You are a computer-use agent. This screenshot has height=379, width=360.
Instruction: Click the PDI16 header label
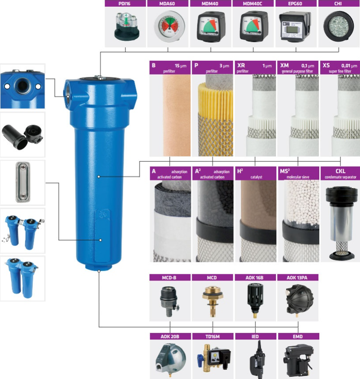pyautogui.click(x=124, y=4)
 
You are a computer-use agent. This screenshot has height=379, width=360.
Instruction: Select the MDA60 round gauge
pyautogui.click(x=170, y=26)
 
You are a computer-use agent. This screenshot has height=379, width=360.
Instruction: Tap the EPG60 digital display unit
pyautogui.click(x=295, y=27)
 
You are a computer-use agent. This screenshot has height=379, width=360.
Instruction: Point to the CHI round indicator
pyautogui.click(x=338, y=26)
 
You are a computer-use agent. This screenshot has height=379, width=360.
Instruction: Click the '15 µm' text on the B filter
pyautogui.click(x=181, y=66)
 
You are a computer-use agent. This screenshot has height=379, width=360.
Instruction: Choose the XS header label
pyautogui.click(x=326, y=65)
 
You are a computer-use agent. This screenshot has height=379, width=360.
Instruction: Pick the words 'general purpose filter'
pyautogui.click(x=297, y=71)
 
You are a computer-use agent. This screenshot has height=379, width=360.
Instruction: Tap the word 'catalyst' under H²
pyautogui.click(x=256, y=177)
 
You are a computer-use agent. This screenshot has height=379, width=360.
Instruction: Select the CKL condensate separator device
pyautogui.click(x=341, y=223)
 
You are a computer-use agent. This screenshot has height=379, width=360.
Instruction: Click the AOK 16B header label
pyautogui.click(x=254, y=278)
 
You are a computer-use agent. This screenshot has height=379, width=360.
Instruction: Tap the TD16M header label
pyautogui.click(x=213, y=336)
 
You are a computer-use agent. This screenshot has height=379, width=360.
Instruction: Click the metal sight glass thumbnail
pyautogui.click(x=23, y=182)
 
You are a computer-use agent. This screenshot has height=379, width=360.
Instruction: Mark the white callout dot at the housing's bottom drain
pyautogui.click(x=99, y=271)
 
